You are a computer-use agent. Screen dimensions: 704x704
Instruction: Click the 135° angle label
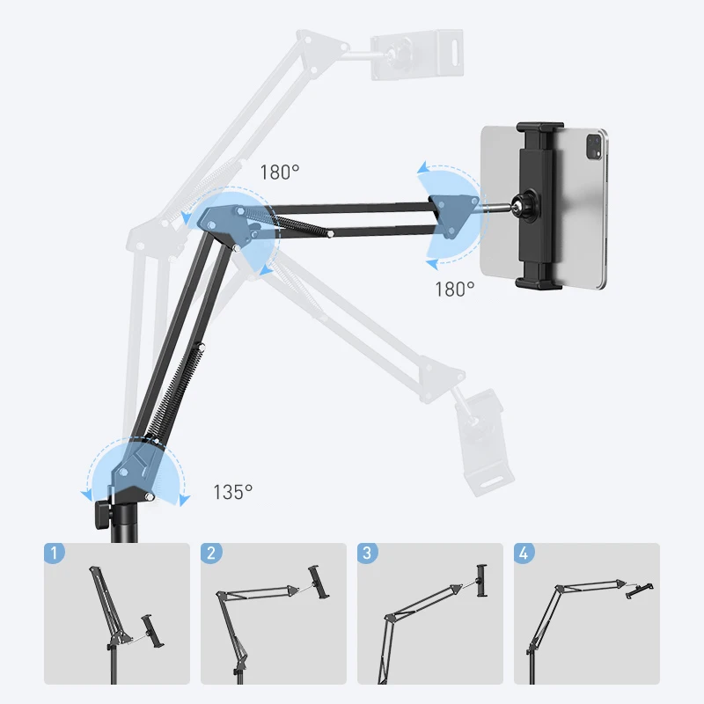pos(232,492)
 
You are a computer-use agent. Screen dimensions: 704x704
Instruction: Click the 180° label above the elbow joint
pos(280,172)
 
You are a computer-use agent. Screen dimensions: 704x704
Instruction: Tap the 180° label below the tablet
pos(454,289)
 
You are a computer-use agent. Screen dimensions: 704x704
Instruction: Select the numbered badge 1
pos(55,554)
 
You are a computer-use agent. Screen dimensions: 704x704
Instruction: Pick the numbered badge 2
pos(211,554)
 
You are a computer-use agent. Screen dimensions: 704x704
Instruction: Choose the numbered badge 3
pos(368,554)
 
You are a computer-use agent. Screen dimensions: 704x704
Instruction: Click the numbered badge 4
pos(524,554)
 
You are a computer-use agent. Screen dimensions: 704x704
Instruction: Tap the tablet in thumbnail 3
pos(480,581)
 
